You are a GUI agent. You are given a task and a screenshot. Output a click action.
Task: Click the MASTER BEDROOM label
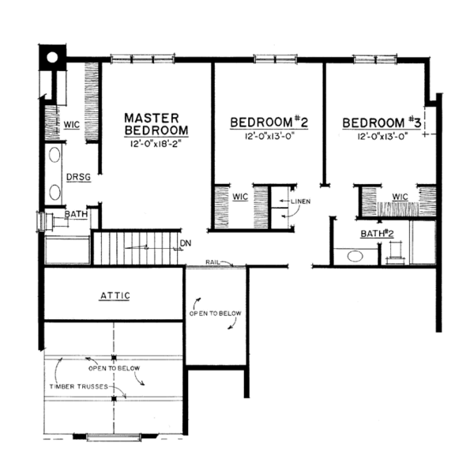(x=156, y=124)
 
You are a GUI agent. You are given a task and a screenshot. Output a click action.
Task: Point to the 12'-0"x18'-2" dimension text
(x=156, y=145)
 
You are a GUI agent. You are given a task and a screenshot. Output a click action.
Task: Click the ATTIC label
(x=115, y=295)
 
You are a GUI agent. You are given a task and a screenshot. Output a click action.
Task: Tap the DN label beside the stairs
(x=186, y=243)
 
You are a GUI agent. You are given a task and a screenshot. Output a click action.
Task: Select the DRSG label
(x=77, y=177)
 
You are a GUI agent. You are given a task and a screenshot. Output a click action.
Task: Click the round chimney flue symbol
(x=51, y=57)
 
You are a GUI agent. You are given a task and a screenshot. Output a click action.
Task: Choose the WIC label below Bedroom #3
(x=399, y=195)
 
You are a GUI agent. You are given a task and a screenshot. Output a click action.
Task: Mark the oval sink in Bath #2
(x=352, y=256)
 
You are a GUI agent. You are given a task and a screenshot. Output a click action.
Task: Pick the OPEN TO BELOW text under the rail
(x=215, y=314)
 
